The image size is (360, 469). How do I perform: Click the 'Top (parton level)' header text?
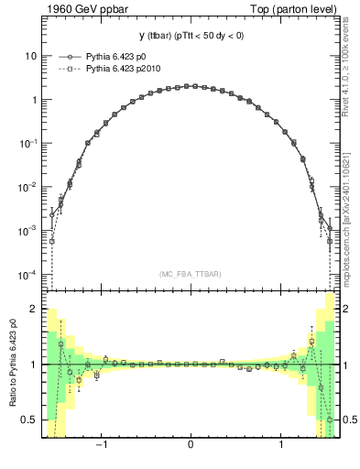click(294, 9)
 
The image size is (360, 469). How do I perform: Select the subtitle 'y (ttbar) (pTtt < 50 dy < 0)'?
click(190, 36)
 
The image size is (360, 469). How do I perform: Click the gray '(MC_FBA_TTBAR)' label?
click(190, 274)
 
